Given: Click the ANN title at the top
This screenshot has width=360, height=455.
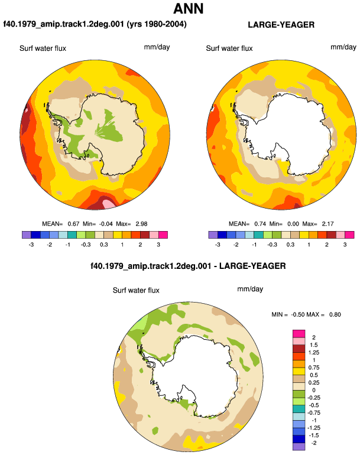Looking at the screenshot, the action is point(188,9).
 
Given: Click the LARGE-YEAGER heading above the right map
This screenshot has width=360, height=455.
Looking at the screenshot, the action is point(281,25).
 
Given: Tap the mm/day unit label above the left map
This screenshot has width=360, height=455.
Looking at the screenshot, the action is point(157,47).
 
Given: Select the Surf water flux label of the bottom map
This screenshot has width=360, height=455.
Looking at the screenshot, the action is point(136,290).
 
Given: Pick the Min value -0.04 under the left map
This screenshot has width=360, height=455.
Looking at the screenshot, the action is point(106,224).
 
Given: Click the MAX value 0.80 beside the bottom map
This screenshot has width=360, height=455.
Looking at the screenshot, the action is point(335,314).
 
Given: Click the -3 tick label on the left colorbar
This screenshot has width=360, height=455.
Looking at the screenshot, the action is point(31,245).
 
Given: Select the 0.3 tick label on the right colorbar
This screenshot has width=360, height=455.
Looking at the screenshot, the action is point(290,245).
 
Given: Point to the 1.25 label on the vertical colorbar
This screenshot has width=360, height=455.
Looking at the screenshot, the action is point(313,353).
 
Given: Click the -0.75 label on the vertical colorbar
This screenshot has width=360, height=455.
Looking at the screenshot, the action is point(313,412).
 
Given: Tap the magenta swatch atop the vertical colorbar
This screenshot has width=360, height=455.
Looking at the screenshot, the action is point(299,333).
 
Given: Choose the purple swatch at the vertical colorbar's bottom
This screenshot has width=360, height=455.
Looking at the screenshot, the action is point(299,446).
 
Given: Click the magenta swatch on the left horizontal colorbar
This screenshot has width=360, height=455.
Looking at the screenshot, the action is point(163,235).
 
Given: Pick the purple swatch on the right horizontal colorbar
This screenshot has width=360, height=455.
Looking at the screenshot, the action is point(213,235).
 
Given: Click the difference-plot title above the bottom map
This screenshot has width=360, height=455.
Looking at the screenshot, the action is point(188,266).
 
